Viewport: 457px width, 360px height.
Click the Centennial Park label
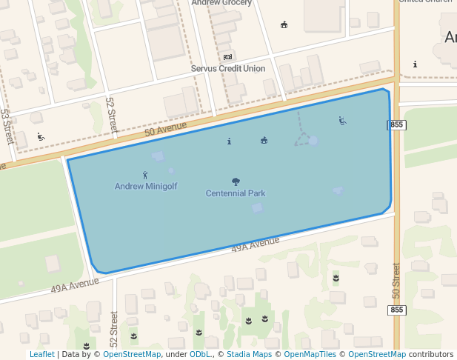(236, 193)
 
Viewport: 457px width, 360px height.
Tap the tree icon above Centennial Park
(236, 181)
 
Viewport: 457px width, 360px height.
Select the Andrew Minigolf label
(146, 187)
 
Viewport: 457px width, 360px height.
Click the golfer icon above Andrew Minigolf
(145, 175)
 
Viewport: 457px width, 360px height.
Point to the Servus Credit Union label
(227, 69)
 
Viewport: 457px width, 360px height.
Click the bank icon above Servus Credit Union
(227, 57)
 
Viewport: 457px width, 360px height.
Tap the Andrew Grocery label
(221, 3)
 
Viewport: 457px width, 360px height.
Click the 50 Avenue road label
(166, 130)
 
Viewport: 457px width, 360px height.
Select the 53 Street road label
(7, 125)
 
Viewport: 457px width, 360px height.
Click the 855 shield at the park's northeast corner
(396, 124)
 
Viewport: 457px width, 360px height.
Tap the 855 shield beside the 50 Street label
(397, 310)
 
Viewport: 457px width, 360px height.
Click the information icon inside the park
(229, 141)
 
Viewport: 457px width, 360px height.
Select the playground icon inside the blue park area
(341, 121)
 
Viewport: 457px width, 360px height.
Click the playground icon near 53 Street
(41, 137)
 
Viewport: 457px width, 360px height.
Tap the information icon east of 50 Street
(415, 64)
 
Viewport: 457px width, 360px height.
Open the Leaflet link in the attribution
(41, 354)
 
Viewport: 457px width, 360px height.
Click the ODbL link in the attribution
(200, 354)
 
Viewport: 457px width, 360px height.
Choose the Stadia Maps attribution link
(249, 354)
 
